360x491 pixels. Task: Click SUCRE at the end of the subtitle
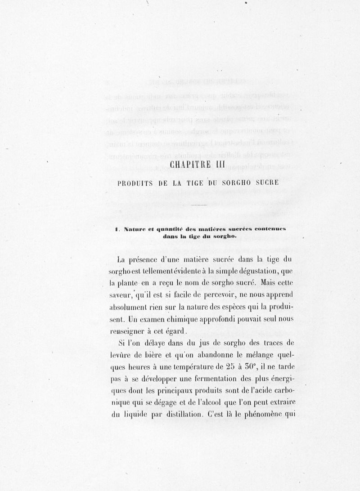tap(269, 183)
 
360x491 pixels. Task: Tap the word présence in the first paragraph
tap(148, 259)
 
